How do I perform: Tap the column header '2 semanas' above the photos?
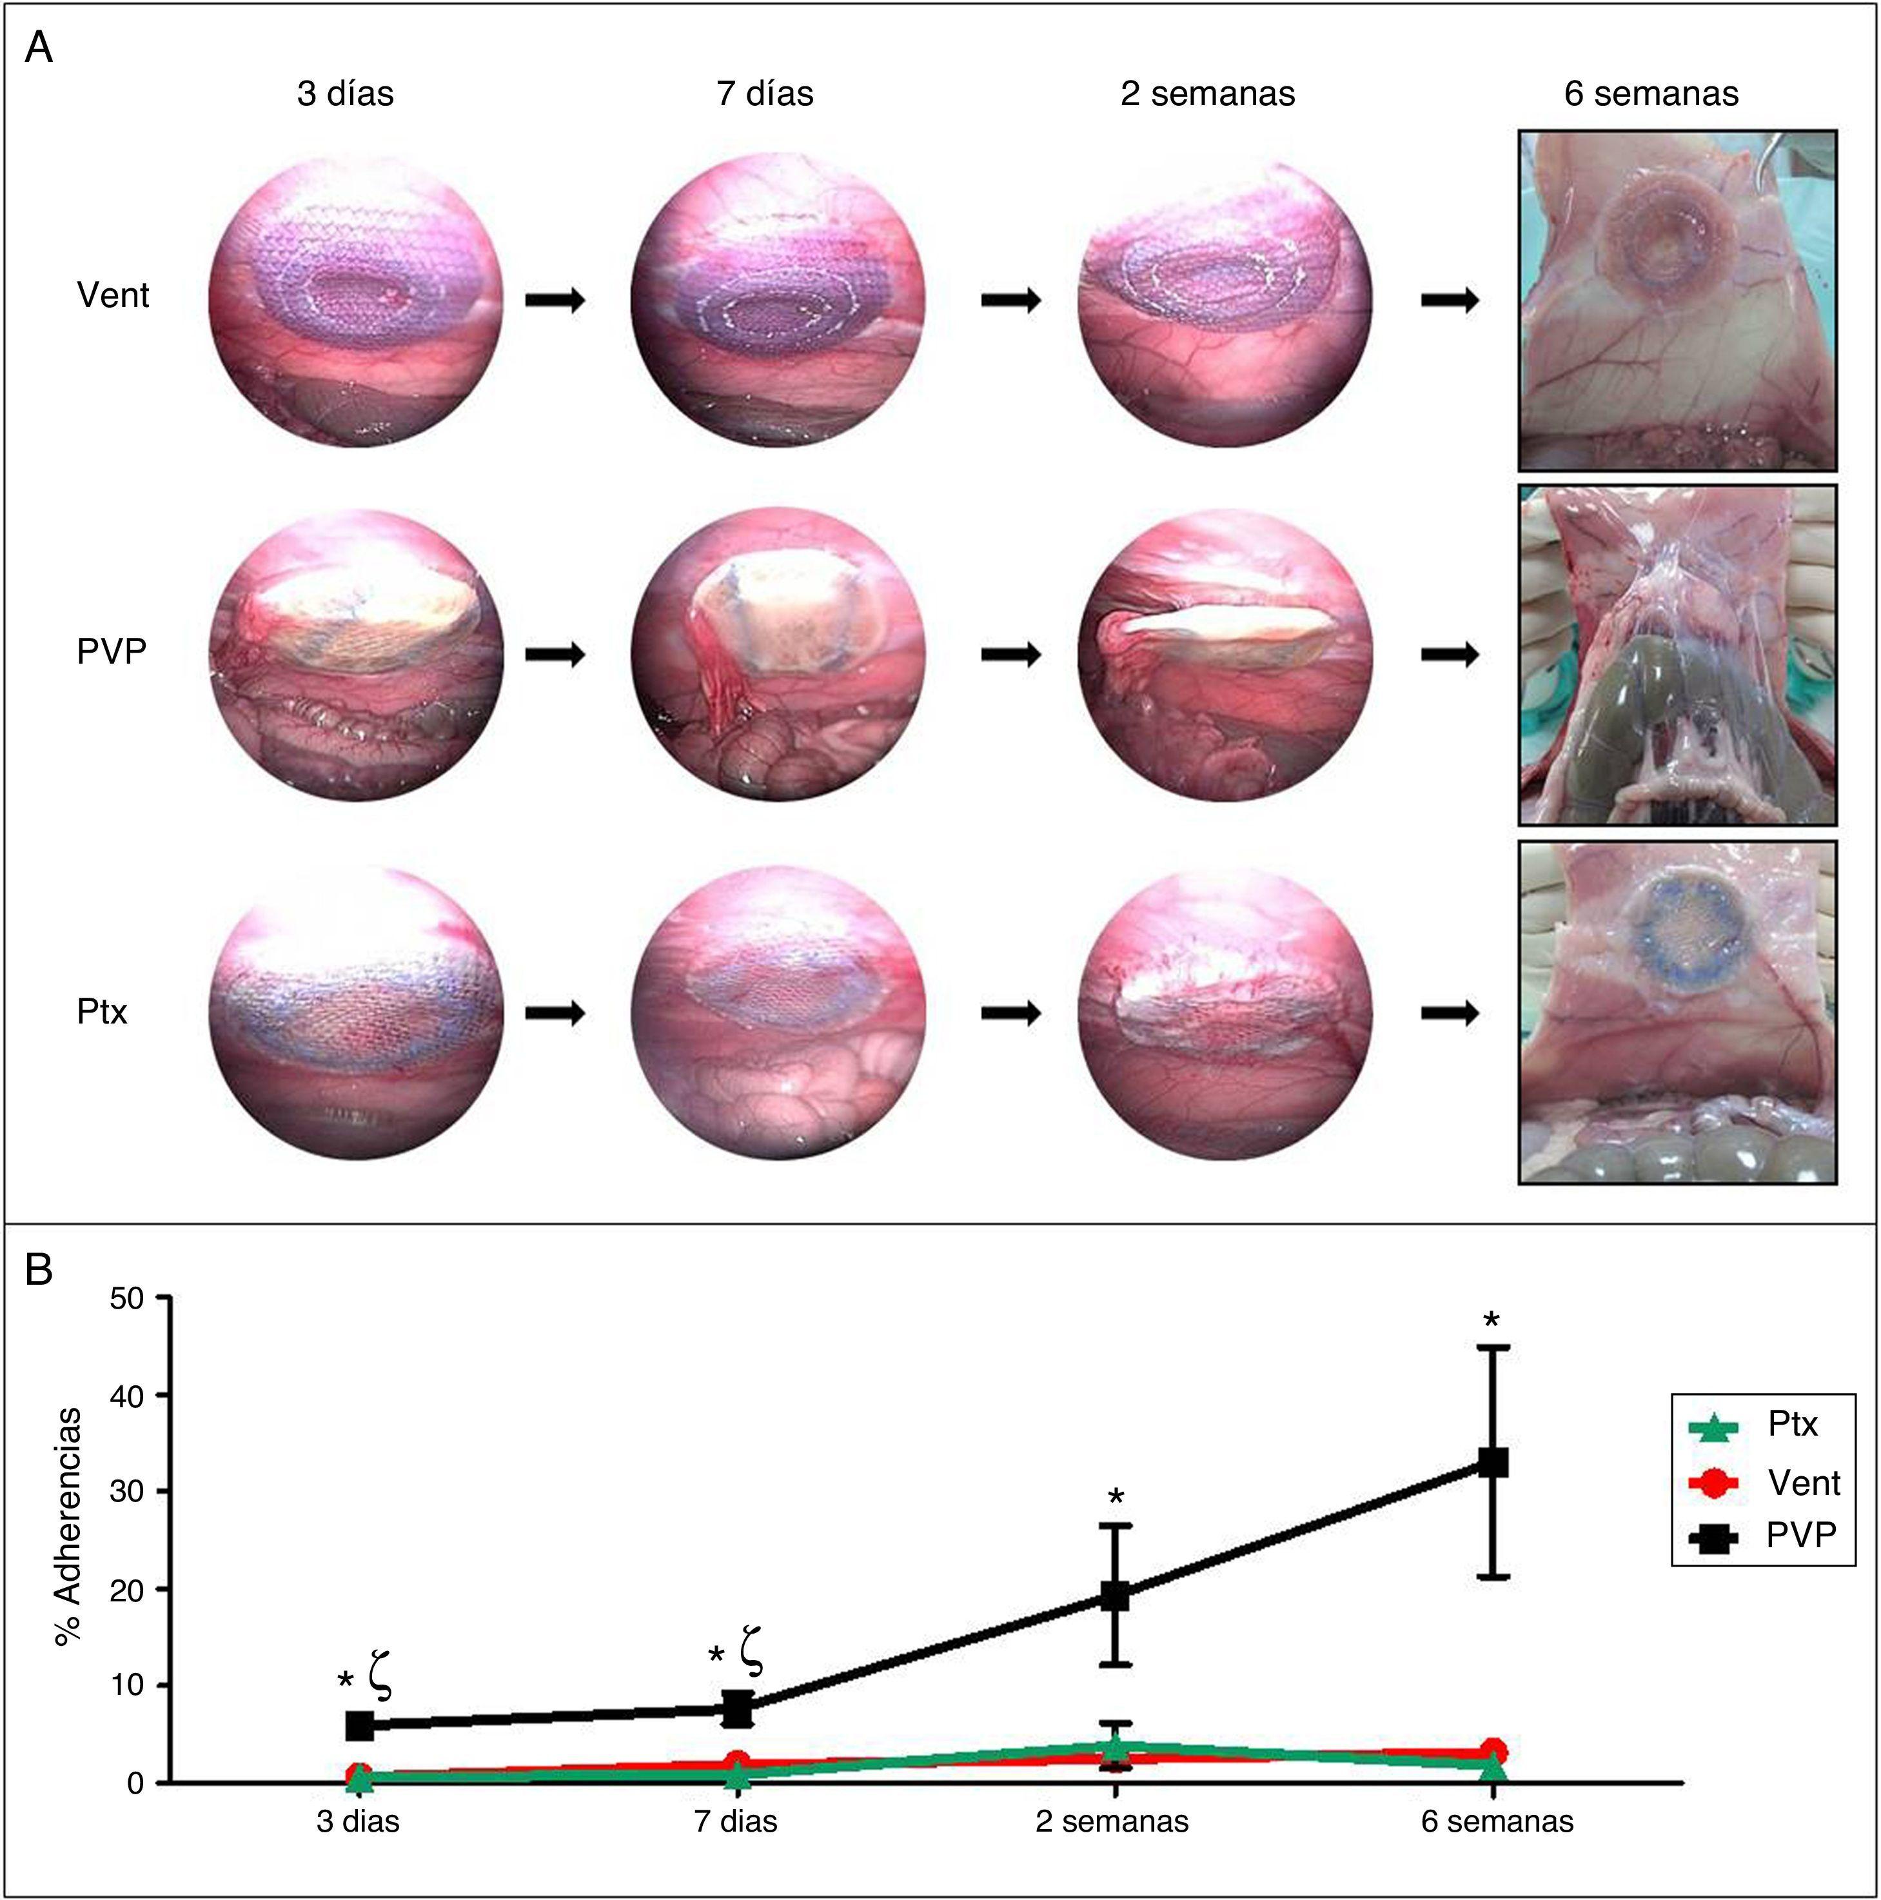pos(1206,94)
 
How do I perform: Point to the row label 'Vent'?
pos(112,295)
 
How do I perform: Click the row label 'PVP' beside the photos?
pos(111,651)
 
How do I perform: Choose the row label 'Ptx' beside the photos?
pos(103,1011)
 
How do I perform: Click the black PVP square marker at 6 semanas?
pos(1493,1462)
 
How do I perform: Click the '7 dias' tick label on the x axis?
pos(736,1821)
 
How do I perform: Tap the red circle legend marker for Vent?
pos(1712,1482)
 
